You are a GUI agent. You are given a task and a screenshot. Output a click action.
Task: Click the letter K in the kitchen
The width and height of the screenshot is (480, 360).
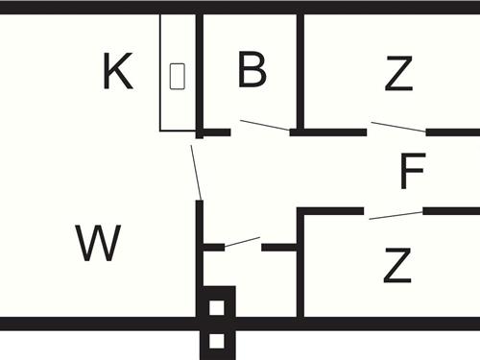pos(117,73)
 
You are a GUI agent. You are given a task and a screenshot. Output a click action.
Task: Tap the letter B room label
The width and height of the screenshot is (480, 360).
pos(252,70)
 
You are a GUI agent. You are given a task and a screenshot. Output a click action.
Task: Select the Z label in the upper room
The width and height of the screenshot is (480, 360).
pos(398,74)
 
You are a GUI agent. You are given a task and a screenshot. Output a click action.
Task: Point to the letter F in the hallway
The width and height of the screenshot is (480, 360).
pos(412,174)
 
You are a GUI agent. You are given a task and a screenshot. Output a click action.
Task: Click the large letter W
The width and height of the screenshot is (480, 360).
pos(98,244)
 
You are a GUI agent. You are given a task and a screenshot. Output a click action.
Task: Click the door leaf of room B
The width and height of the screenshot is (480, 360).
pos(265,126)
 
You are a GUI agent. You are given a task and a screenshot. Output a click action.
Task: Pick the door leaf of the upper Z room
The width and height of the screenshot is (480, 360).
pos(397,127)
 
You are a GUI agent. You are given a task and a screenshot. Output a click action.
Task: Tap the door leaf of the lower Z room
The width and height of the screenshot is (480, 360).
pos(395,215)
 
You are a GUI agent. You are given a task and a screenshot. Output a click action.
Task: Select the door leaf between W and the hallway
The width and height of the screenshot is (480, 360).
pos(196,170)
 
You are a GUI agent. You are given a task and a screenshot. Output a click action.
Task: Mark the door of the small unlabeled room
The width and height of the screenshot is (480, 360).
pos(242,242)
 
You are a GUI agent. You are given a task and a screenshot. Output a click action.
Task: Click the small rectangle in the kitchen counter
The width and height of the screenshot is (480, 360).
pos(177,76)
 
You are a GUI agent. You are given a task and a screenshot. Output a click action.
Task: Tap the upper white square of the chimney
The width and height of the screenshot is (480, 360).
pos(217,308)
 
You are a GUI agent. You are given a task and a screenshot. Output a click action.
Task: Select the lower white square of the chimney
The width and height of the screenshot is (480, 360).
pos(217,341)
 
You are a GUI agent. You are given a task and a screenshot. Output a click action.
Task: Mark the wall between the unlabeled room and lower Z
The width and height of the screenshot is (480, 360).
pos(300,278)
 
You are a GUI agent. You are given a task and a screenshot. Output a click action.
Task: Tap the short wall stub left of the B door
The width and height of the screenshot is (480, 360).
pos(217,132)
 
